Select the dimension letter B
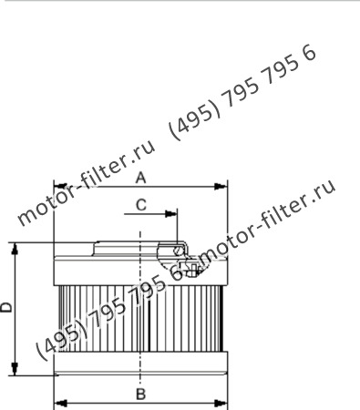140,394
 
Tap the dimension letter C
141,205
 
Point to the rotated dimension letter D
7,307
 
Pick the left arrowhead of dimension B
59,401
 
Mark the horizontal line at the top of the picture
180,2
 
